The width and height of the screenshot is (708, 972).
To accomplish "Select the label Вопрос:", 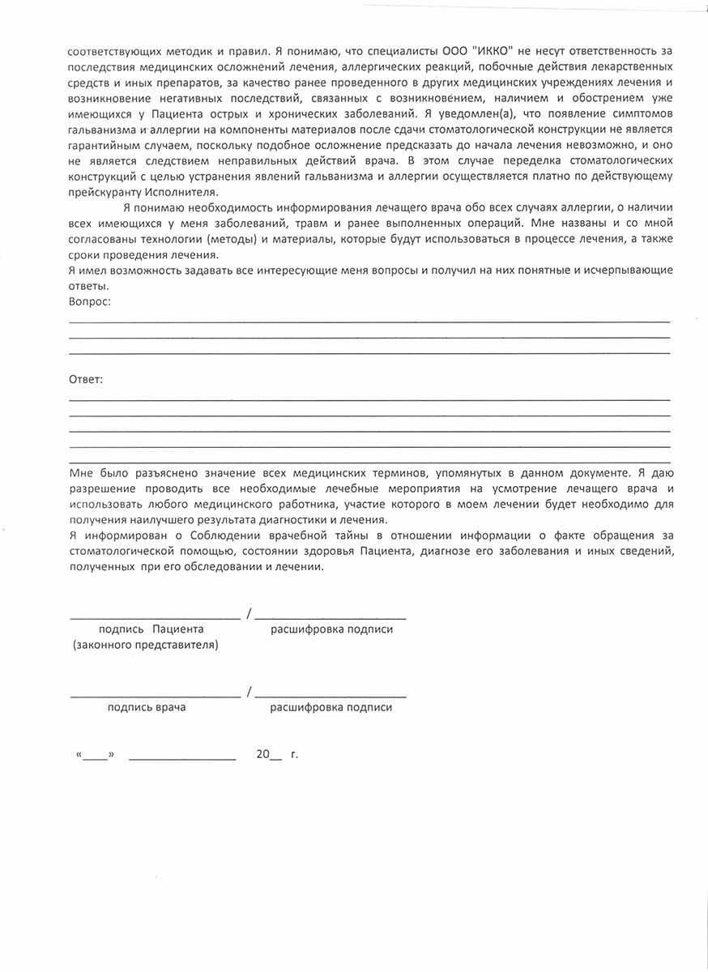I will [x=90, y=301].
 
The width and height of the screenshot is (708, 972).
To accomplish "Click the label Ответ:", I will [x=87, y=379].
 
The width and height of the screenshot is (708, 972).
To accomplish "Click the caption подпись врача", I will [x=147, y=707].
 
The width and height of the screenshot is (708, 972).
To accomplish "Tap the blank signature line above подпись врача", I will [x=154, y=696].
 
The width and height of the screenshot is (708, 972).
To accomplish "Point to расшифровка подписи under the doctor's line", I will [x=331, y=707].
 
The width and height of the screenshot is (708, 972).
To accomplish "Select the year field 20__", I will [x=269, y=755].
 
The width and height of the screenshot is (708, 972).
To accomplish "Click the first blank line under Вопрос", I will [x=369, y=322].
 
